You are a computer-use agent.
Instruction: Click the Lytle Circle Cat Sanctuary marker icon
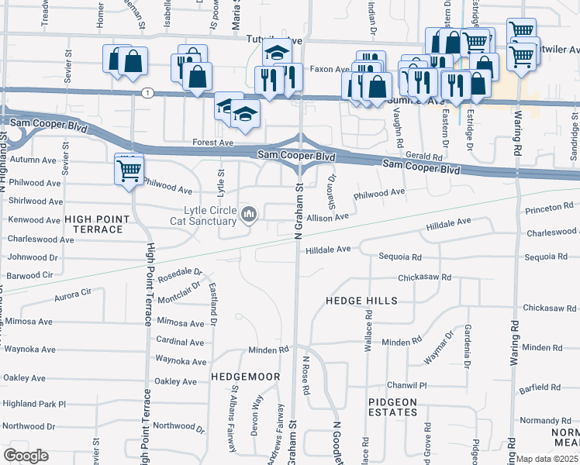[249, 214]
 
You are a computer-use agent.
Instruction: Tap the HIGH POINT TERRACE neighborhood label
[93, 225]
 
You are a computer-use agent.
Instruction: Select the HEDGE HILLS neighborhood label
[361, 300]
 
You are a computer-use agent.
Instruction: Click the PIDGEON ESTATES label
[393, 408]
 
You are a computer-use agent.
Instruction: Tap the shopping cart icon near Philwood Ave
[129, 169]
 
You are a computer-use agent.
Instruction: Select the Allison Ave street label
[328, 219]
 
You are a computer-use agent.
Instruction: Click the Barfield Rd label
[541, 387]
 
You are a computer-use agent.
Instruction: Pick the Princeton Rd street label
[547, 208]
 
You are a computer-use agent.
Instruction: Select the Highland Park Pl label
[34, 404]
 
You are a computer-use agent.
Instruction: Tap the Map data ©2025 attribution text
[547, 459]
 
